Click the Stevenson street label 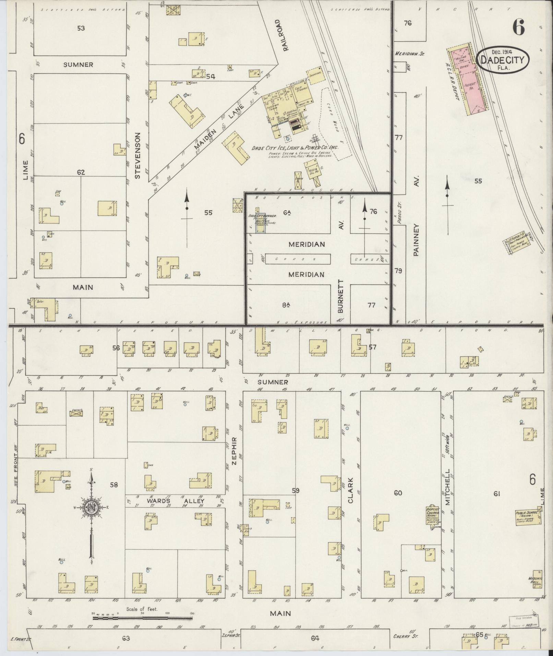click(137, 155)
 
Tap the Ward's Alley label click(176, 501)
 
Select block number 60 click(398, 493)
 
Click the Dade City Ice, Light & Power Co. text click(295, 147)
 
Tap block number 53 click(81, 28)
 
